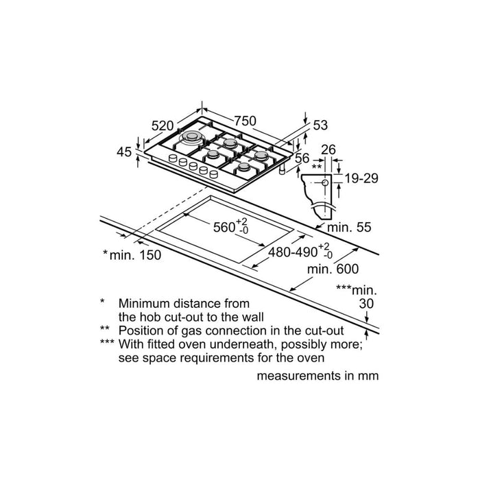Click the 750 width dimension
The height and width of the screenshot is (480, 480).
pos(245,121)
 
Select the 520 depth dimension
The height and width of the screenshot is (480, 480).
pos(163,125)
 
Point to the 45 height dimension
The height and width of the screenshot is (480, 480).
pos(124,152)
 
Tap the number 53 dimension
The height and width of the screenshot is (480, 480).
pos(320,125)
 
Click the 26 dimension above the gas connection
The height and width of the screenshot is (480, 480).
pos(328,149)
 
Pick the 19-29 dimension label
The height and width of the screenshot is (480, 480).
pos(361,178)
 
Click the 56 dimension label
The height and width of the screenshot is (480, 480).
pos(302,158)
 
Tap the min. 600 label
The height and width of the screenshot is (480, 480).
pos(333,269)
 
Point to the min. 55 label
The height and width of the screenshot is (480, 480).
pos(349,227)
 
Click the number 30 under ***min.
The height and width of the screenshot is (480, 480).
pos(366,304)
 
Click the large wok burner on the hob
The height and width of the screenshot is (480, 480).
pos(192,137)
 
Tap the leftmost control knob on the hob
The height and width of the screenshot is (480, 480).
pos(173,158)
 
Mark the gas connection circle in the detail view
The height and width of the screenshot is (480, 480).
pos(325,183)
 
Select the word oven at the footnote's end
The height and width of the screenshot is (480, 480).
pos(313,358)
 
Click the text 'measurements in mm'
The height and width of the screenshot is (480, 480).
pos(317,376)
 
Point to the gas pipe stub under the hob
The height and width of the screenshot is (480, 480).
pos(282,169)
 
